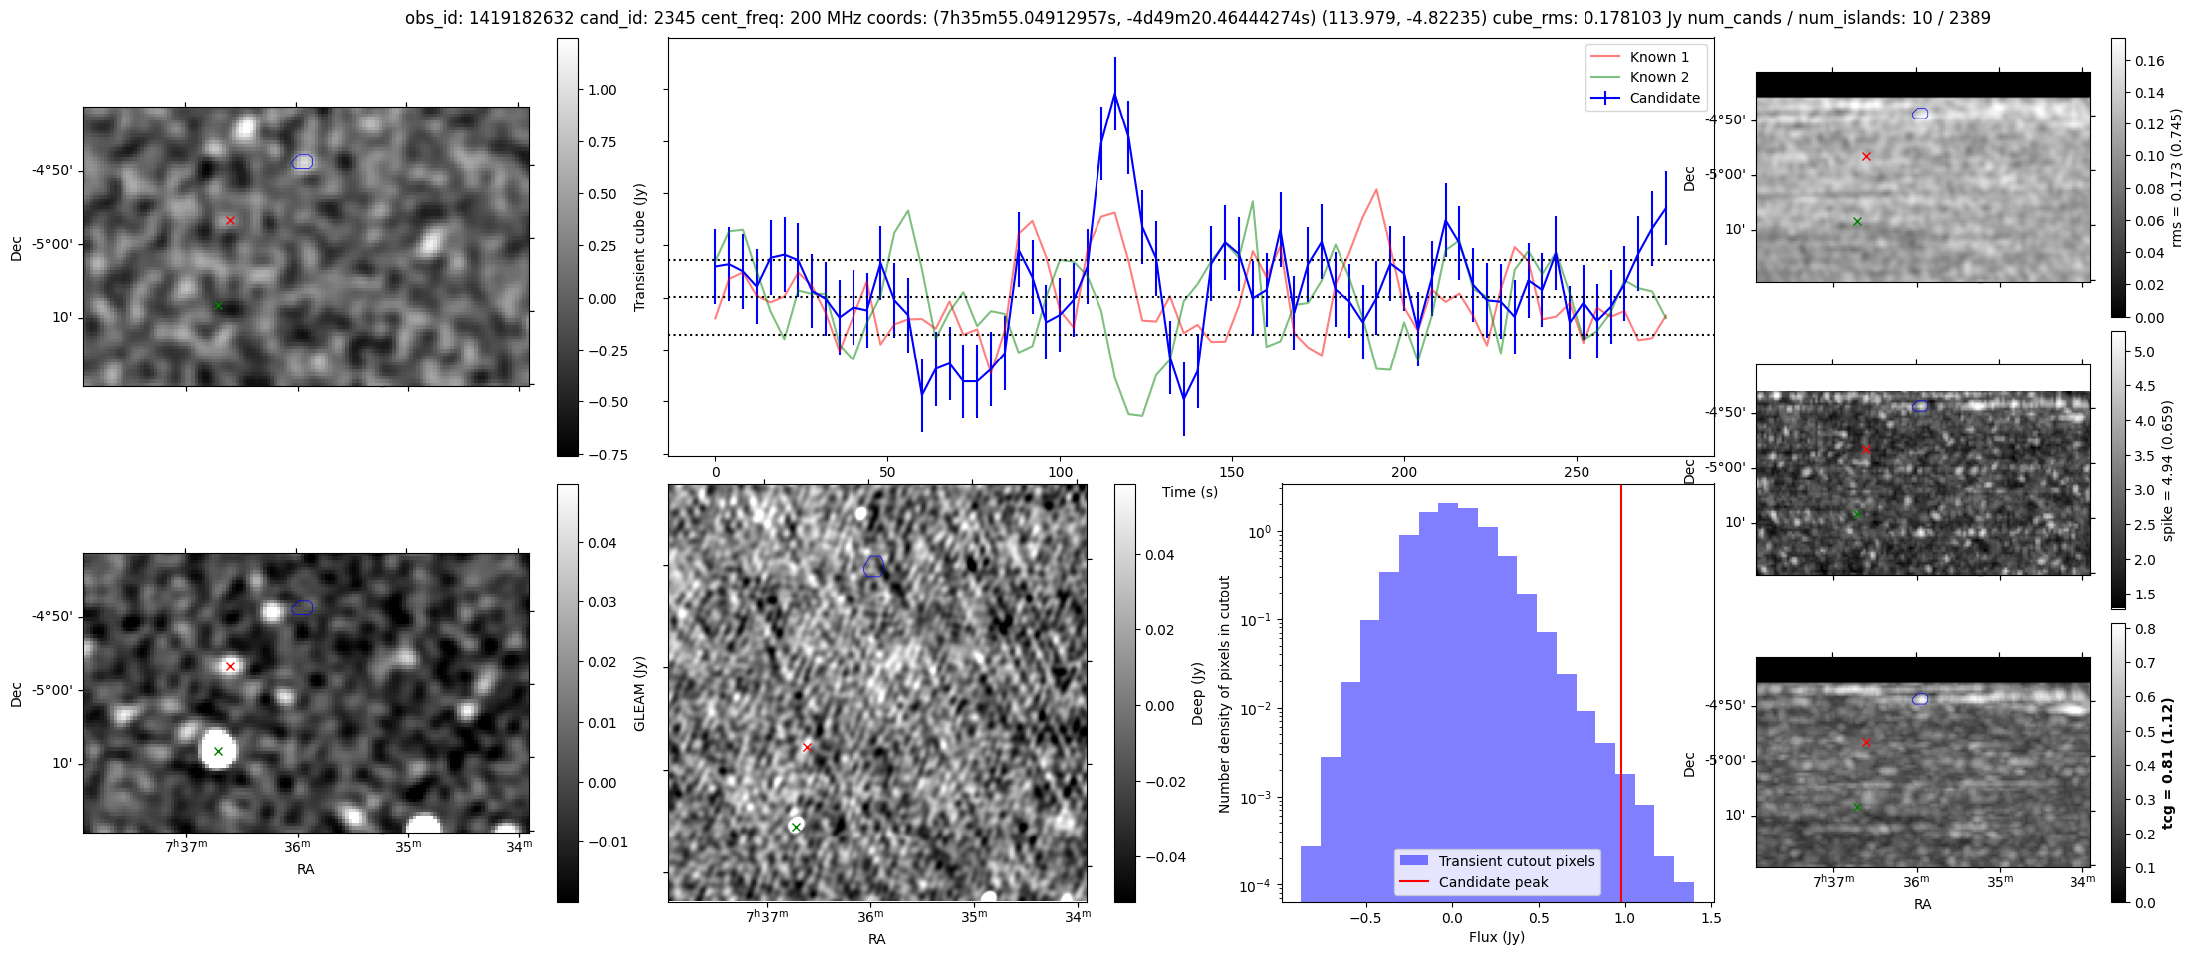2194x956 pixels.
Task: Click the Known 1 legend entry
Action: [1658, 57]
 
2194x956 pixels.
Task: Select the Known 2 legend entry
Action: [1658, 77]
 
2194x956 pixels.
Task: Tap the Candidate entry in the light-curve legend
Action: [1664, 98]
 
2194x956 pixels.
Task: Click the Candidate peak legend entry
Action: [1493, 882]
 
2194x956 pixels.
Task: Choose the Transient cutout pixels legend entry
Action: [1516, 861]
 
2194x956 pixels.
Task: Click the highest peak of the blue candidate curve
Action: [1115, 94]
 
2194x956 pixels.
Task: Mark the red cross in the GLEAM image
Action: [230, 666]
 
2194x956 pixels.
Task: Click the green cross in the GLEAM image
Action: [218, 751]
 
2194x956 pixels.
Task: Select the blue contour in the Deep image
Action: [873, 566]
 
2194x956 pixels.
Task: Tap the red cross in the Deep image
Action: [807, 747]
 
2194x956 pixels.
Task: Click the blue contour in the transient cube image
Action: [303, 161]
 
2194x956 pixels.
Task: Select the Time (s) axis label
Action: [1189, 492]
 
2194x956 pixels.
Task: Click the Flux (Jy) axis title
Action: [1496, 937]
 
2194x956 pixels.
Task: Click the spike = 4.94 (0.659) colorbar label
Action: [2167, 470]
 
